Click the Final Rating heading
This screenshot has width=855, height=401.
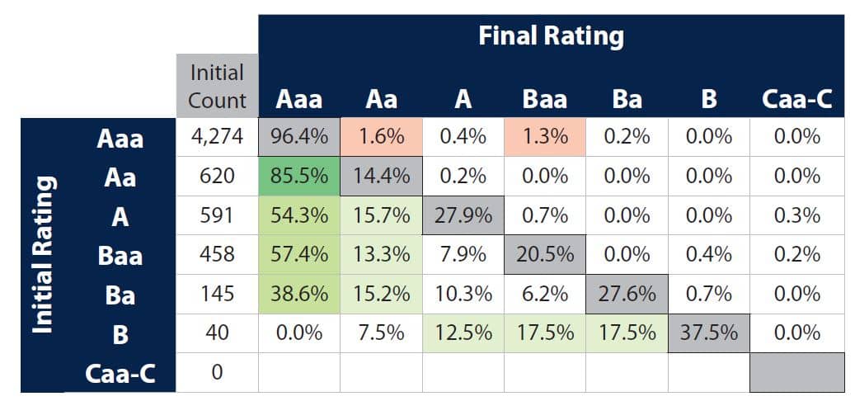(551, 36)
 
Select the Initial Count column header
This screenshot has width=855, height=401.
(218, 86)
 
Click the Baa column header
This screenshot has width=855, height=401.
(545, 100)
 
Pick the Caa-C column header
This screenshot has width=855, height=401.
(797, 100)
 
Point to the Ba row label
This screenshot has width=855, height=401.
(120, 295)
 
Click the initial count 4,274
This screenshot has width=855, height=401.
(218, 137)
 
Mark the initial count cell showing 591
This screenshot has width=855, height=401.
(218, 215)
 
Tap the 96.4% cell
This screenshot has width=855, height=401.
(299, 137)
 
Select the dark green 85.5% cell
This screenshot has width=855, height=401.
(299, 176)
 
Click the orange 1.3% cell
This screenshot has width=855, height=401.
(545, 137)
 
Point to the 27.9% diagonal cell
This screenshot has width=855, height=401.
(463, 215)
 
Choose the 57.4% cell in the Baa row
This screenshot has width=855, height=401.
(299, 255)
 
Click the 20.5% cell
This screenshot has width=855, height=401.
(545, 255)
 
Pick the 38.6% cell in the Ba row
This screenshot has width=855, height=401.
(299, 294)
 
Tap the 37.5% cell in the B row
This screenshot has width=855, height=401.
(709, 333)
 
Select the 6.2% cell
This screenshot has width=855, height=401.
(545, 294)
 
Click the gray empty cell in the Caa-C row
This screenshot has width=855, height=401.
(797, 372)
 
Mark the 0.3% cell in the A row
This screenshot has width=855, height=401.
(797, 215)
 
